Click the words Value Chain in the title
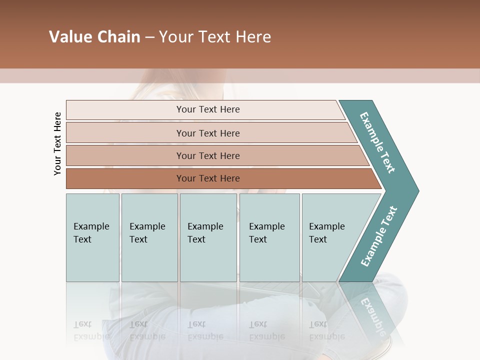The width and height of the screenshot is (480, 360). tap(94, 37)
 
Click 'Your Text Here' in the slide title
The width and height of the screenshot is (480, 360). tap(215, 37)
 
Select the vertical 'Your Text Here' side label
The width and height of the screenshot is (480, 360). tap(57, 143)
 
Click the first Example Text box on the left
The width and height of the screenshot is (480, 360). tap(92, 237)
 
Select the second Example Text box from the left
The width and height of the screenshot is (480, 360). tap(149, 237)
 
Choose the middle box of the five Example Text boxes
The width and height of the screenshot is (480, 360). tap(208, 237)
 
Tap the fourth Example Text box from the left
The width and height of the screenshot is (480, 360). tap(269, 237)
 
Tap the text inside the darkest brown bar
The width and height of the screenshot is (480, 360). tap(208, 178)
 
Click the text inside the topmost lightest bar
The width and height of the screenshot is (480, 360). tap(208, 109)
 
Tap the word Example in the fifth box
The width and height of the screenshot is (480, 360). tap(326, 226)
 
